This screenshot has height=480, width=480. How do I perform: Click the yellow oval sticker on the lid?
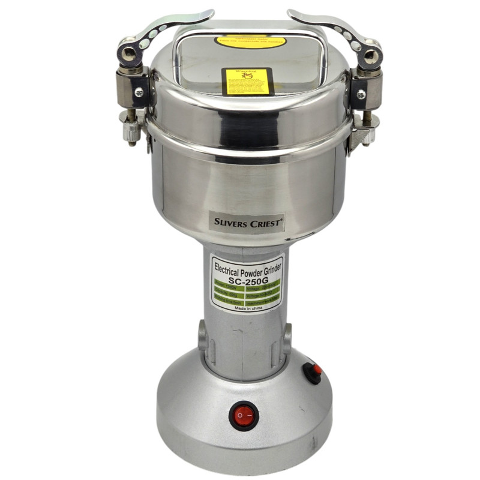(250, 42)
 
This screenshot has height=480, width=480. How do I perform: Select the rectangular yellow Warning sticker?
(248, 81)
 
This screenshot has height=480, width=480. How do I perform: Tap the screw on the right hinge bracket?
(361, 94)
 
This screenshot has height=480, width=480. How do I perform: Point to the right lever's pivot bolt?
(370, 56)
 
